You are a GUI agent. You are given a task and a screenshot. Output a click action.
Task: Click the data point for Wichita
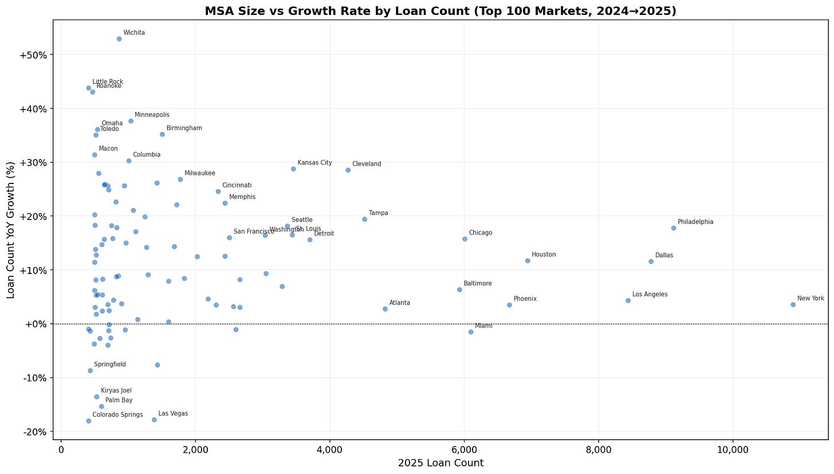point(119,39)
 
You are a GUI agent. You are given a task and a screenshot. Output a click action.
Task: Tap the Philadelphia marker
point(674,228)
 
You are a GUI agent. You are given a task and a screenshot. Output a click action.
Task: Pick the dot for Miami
point(471,332)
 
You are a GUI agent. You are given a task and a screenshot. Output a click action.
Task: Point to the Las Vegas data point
point(154,420)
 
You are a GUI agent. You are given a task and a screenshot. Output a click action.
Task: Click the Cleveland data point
point(348,170)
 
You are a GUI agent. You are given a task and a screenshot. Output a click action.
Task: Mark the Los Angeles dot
point(628,300)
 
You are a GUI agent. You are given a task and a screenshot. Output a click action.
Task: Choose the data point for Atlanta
point(385,309)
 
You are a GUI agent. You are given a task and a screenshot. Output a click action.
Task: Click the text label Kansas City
point(314,163)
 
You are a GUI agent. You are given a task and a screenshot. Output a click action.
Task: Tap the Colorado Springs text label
point(117,414)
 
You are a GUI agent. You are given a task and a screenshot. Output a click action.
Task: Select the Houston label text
point(543,254)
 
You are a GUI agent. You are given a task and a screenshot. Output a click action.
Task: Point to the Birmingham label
point(184,128)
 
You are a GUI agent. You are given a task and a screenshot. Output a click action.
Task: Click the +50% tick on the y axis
point(36,55)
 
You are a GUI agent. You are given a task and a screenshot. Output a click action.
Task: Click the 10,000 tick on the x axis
point(733,451)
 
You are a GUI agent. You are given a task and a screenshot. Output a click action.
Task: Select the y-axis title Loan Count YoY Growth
point(11,229)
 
